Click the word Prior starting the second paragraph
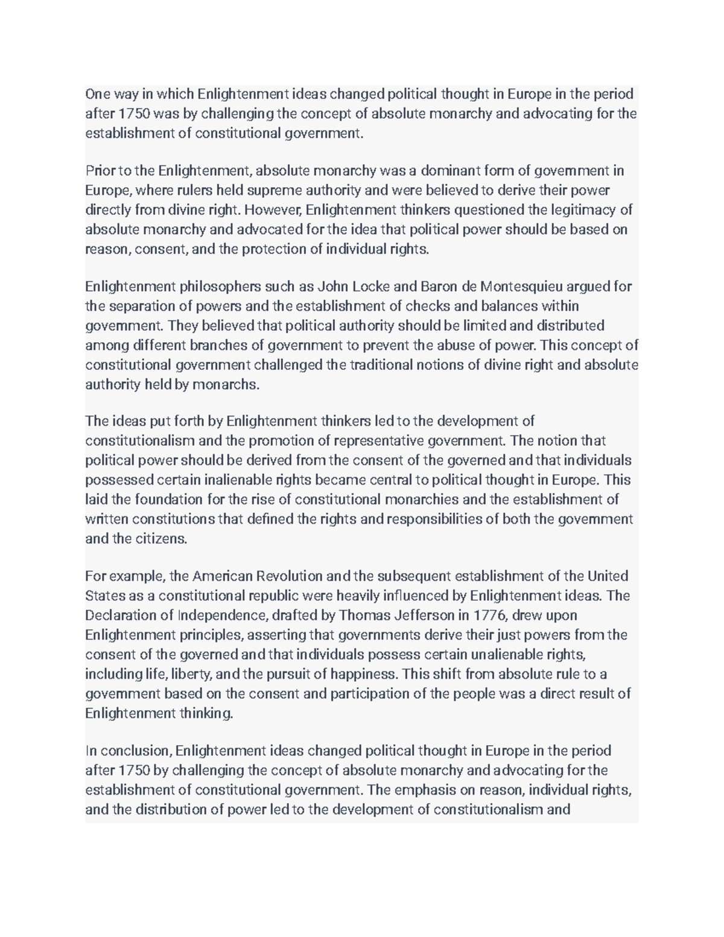[100, 171]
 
